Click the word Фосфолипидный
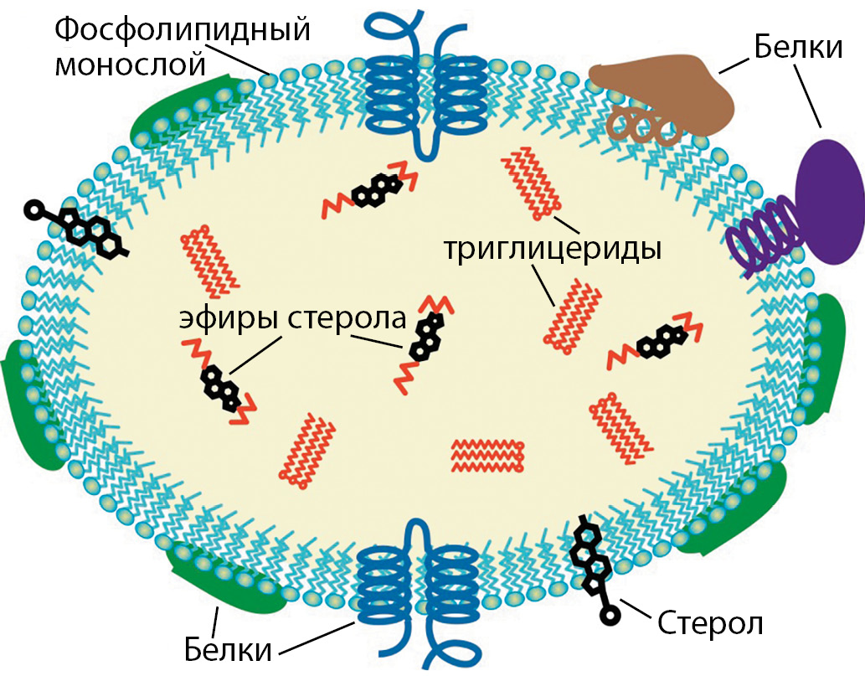[x=183, y=31]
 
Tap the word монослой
[x=131, y=64]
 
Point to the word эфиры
[x=228, y=321]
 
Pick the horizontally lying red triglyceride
[x=487, y=455]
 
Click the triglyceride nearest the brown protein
[x=530, y=181]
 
